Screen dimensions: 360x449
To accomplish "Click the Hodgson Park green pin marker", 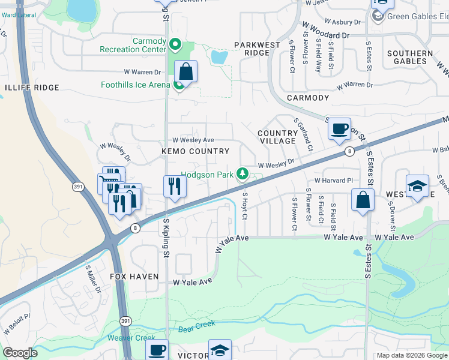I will pyautogui.click(x=243, y=174).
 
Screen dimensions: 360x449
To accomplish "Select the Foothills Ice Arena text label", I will pyautogui.click(x=135, y=85).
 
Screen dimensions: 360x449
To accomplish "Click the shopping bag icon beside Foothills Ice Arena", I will pyautogui.click(x=187, y=72).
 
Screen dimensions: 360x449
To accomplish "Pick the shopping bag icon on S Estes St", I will pyautogui.click(x=363, y=201).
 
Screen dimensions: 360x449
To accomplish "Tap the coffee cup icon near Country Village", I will pyautogui.click(x=340, y=128).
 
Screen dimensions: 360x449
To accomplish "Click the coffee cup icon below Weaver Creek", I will pyautogui.click(x=157, y=349).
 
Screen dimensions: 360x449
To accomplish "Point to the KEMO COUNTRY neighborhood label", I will pyautogui.click(x=196, y=152).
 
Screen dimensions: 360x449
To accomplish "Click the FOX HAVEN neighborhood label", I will pyautogui.click(x=134, y=277).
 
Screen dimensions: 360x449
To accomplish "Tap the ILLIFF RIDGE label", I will pyautogui.click(x=32, y=88).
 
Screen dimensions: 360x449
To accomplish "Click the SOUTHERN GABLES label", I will pyautogui.click(x=410, y=57).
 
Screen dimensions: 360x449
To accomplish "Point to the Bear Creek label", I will pyautogui.click(x=196, y=326).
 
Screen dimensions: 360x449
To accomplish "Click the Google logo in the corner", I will pyautogui.click(x=20, y=353).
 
